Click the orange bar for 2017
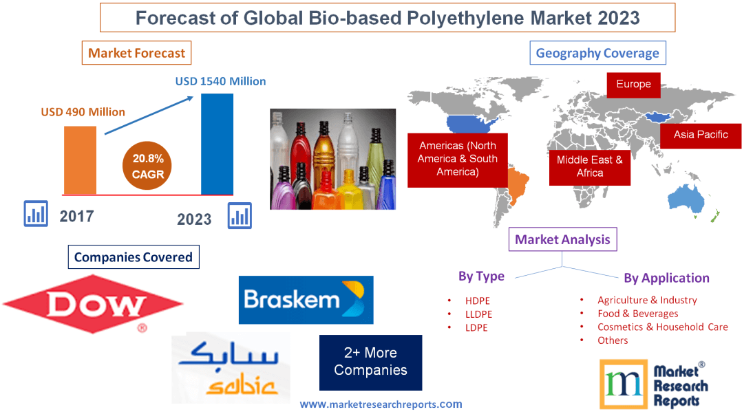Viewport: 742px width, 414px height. (x=80, y=160)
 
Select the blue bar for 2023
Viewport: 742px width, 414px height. (x=217, y=144)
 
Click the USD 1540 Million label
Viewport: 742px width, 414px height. (x=220, y=81)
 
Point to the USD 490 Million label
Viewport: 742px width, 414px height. (x=83, y=111)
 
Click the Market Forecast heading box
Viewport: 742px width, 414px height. (x=136, y=53)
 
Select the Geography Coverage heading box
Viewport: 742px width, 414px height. (x=597, y=53)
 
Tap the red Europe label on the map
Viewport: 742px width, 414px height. (x=633, y=85)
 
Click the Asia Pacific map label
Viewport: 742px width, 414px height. (x=700, y=135)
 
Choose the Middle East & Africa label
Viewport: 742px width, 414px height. (x=589, y=166)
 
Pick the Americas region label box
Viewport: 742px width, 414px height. (x=457, y=159)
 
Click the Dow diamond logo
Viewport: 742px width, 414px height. (x=93, y=303)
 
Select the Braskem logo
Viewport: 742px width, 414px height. (x=306, y=300)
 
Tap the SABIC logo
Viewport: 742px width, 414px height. (x=230, y=369)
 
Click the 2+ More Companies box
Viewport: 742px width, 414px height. (x=370, y=362)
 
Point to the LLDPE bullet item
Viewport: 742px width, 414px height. (x=478, y=314)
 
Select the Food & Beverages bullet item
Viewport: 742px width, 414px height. (x=637, y=314)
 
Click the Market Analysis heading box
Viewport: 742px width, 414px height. (x=562, y=239)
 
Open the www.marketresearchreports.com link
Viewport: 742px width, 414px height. (x=381, y=404)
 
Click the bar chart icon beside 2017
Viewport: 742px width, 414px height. (x=35, y=214)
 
